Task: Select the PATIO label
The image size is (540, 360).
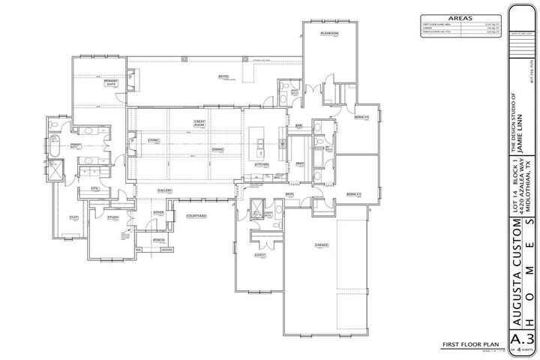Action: pyautogui.click(x=223, y=76)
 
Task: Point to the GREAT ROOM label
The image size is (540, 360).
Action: pyautogui.click(x=200, y=123)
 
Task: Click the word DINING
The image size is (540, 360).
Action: pyautogui.click(x=217, y=149)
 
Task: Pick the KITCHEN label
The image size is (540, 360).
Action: pyautogui.click(x=261, y=164)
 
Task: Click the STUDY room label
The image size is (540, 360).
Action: pyautogui.click(x=113, y=217)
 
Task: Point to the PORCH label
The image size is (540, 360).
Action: pyautogui.click(x=158, y=240)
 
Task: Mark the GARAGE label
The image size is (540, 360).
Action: pyautogui.click(x=322, y=245)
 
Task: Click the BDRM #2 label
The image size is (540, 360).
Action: pyautogui.click(x=354, y=194)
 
